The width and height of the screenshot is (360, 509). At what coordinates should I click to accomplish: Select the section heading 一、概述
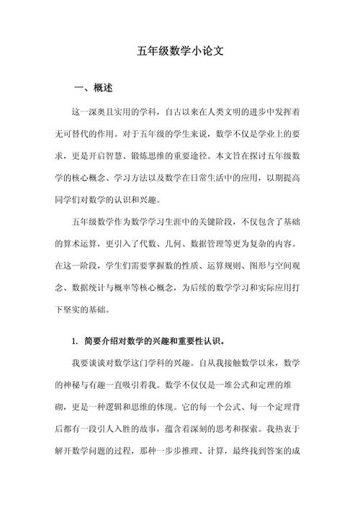(94, 89)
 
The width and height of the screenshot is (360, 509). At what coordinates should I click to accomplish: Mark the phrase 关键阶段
(207, 220)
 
